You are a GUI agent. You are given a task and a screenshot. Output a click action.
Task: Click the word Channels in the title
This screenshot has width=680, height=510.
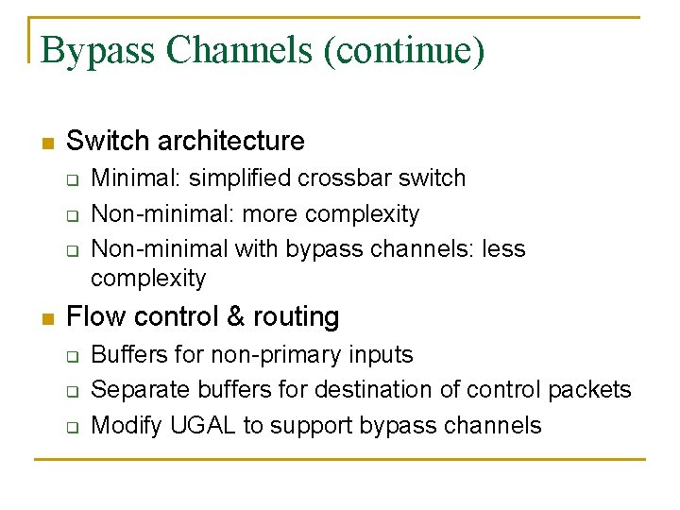click(240, 50)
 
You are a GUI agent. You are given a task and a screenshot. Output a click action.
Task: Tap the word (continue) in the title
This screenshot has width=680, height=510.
click(404, 50)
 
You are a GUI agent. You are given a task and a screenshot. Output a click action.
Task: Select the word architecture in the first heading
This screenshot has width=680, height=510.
click(231, 142)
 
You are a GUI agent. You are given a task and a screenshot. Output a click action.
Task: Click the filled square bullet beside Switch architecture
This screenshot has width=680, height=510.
click(47, 144)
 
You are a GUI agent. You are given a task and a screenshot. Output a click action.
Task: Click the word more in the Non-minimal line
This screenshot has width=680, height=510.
click(269, 213)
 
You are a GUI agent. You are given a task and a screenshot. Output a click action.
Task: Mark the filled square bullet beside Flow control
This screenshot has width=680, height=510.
click(47, 318)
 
